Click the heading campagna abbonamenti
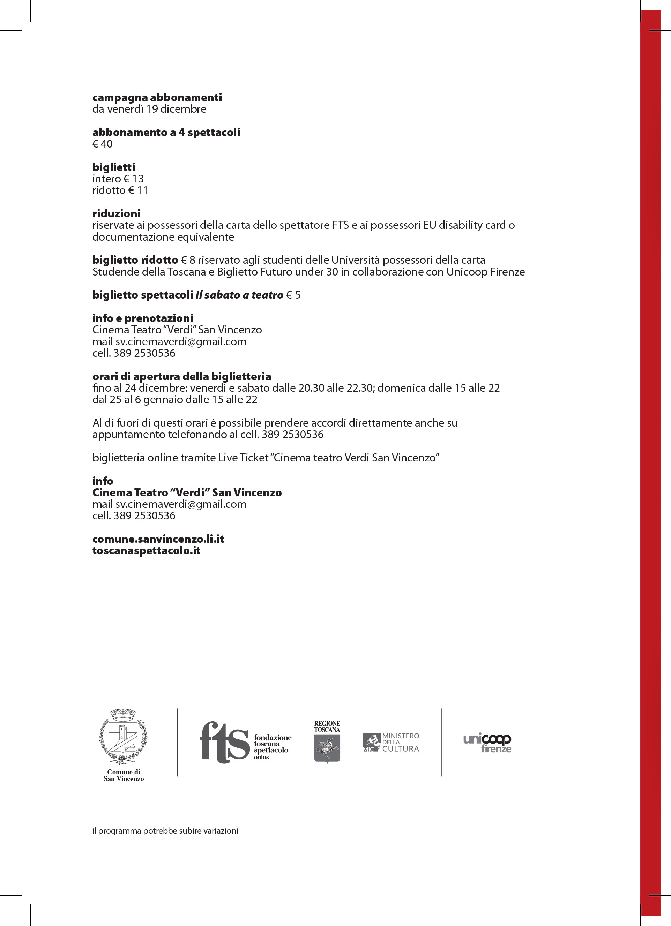point(157,98)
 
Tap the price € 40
point(103,144)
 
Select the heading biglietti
point(113,167)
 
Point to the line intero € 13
point(118,179)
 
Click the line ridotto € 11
point(120,190)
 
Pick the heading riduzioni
point(117,213)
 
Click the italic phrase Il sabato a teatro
point(239,295)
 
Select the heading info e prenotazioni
point(143,318)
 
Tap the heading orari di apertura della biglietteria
point(182,376)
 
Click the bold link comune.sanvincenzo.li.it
point(158,539)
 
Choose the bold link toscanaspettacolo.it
point(146,550)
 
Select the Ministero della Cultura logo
point(391,742)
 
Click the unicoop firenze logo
point(487,743)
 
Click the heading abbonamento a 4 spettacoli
point(166,132)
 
